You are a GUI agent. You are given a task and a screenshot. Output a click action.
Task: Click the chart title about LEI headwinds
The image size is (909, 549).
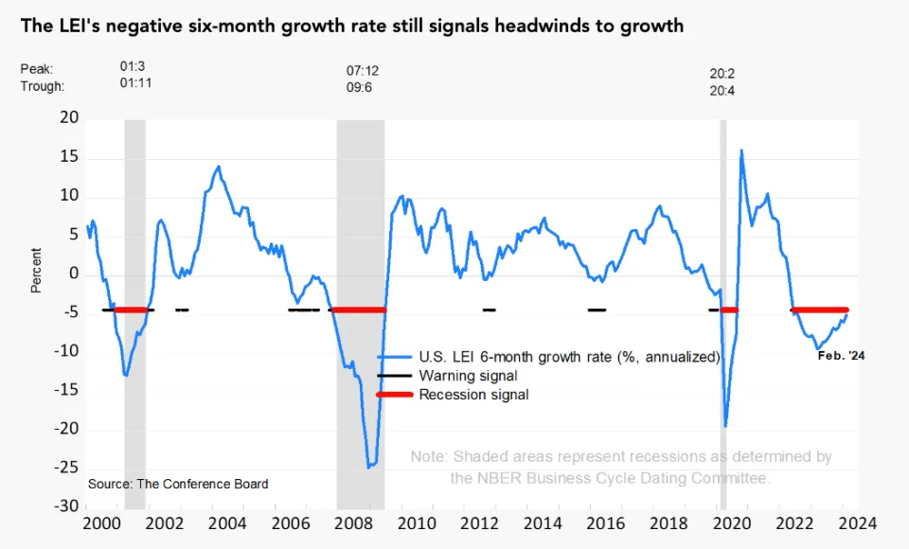pos(350,26)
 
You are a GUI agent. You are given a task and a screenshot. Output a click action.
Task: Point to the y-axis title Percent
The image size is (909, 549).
pos(36,270)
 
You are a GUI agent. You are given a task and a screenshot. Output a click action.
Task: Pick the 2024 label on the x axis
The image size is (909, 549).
pos(857,522)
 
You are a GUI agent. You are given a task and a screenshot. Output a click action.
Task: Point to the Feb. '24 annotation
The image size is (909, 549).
pos(842,356)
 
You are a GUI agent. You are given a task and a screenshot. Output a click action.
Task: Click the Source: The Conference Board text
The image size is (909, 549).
pos(178,484)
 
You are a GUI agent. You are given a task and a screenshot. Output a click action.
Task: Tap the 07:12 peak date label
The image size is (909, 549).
pos(363,71)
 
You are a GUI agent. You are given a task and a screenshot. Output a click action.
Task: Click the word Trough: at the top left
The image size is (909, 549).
pos(43,85)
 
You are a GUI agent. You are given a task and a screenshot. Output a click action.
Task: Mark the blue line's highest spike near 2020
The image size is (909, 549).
pos(740,151)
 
